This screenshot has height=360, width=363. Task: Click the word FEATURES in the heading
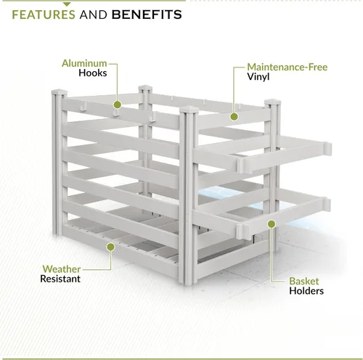coord(44,15)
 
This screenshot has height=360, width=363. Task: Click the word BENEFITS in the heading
coord(147,15)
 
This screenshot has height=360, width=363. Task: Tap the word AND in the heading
coord(94,15)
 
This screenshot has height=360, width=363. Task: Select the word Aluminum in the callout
coord(84,63)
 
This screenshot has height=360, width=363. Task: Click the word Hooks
coord(93,73)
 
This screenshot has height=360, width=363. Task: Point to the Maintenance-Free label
coord(287,67)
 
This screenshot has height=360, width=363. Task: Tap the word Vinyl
coord(258,77)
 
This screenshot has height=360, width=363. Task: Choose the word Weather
coord(62,269)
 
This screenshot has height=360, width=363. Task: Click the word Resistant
coord(60,279)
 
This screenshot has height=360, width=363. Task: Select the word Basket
coord(304,281)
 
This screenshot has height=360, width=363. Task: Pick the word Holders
coord(306,291)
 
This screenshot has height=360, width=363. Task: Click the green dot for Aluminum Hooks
coord(118,105)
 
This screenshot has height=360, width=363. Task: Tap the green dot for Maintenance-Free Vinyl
coord(234,117)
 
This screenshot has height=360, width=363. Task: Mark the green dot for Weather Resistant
coord(110,247)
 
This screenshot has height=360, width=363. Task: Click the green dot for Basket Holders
coord(272,224)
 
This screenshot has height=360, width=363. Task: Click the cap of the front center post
coord(189,110)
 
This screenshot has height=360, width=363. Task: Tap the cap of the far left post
coord(60,92)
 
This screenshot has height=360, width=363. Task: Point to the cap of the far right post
coord(273,102)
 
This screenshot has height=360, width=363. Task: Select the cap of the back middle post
coord(145,88)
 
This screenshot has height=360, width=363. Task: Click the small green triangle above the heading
coord(67,4)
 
